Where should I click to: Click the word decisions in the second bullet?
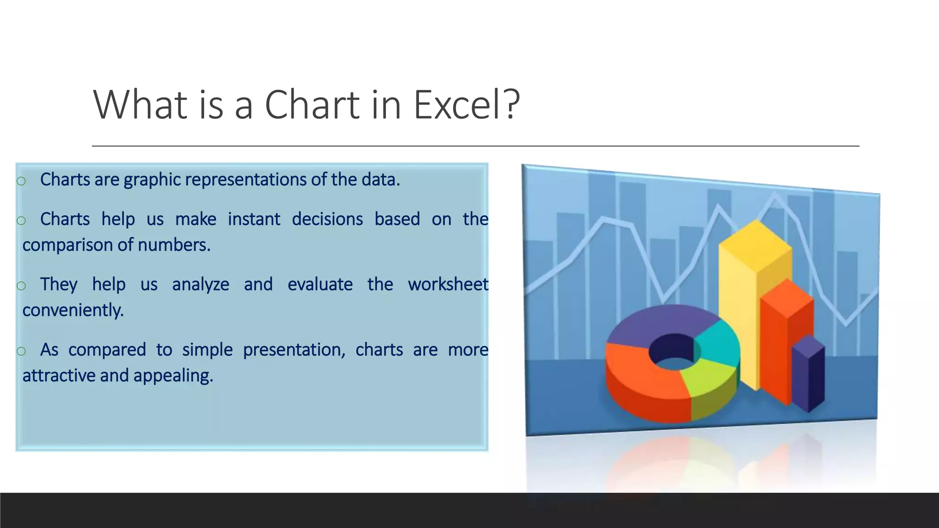pyautogui.click(x=327, y=219)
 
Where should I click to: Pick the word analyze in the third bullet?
pyautogui.click(x=200, y=285)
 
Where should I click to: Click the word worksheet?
pyautogui.click(x=447, y=285)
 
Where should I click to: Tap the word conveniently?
pyautogui.click(x=73, y=310)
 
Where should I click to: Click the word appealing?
pyautogui.click(x=173, y=376)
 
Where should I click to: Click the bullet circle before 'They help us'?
pyautogui.click(x=21, y=286)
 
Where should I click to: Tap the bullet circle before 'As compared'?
pyautogui.click(x=21, y=352)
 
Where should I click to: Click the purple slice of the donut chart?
pyautogui.click(x=660, y=321)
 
